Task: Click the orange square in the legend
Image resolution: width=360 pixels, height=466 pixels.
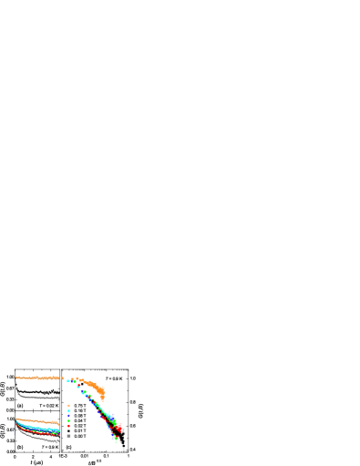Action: [68, 405]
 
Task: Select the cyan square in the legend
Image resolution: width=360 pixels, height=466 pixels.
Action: [68, 410]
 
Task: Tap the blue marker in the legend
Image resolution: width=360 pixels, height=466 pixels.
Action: [68, 416]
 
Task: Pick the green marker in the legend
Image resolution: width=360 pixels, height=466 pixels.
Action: [68, 421]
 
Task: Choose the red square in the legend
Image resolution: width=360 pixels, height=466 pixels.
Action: [68, 427]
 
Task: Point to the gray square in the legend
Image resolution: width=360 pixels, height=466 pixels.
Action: [68, 436]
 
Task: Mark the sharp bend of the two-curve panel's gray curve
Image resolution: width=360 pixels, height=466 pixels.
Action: [18, 393]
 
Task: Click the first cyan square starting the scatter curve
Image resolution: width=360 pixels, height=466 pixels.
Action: [68, 380]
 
